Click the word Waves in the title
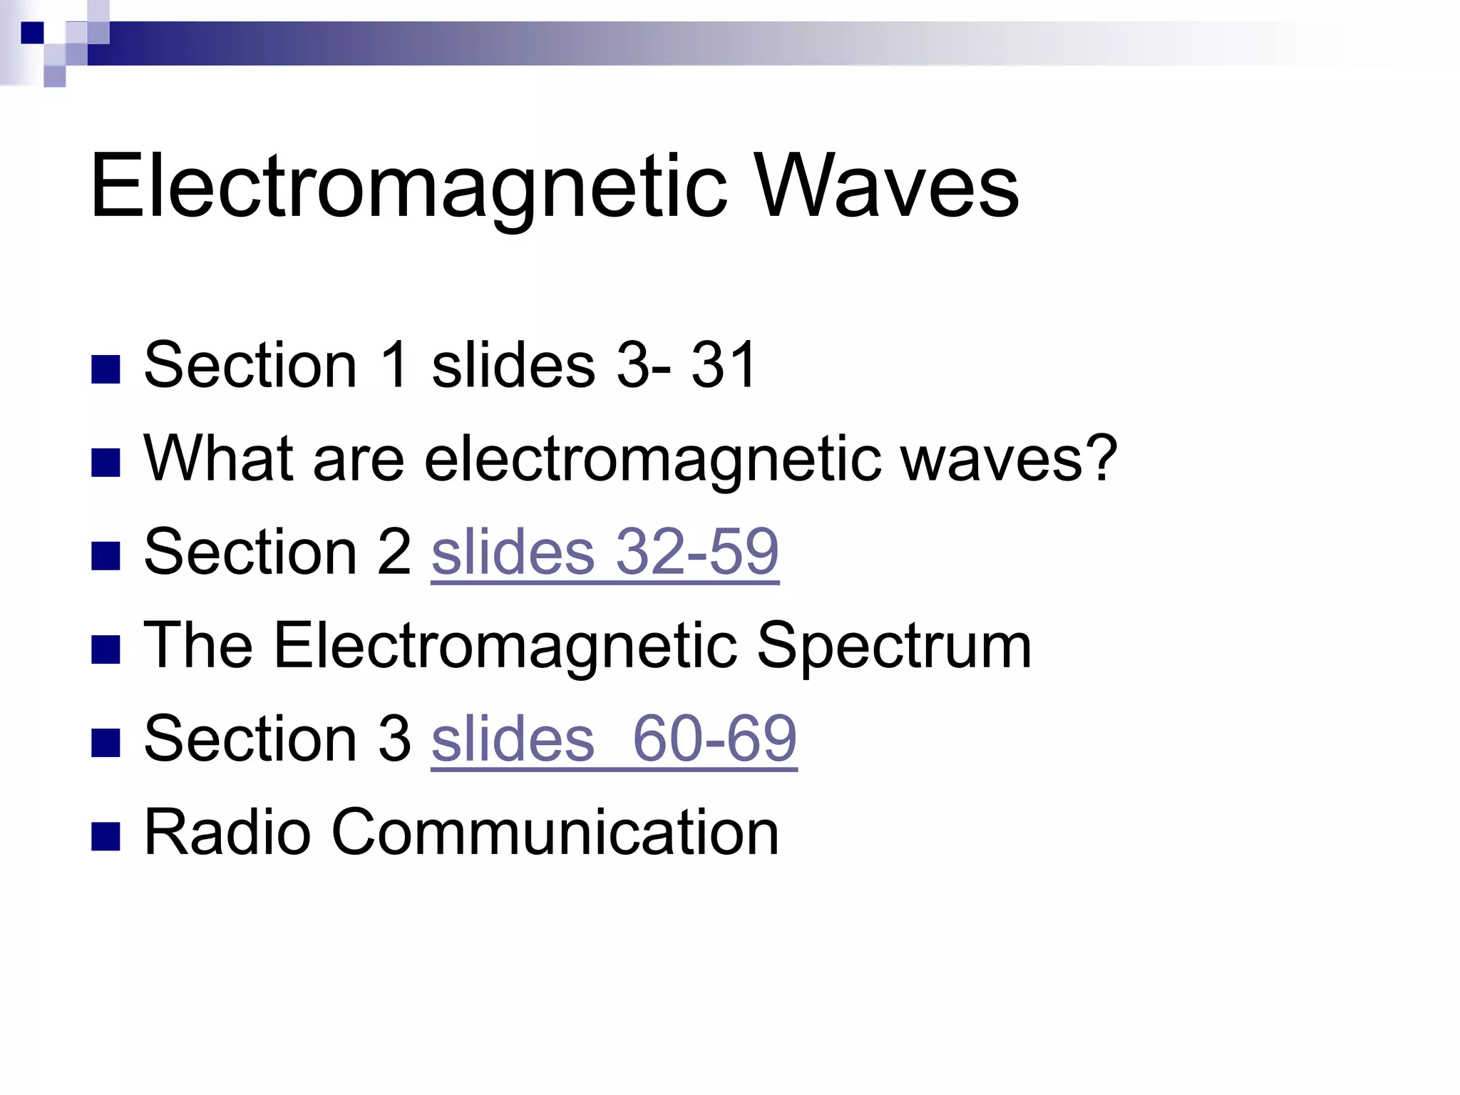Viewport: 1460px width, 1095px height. coord(887,187)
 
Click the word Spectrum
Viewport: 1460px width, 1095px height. coord(894,646)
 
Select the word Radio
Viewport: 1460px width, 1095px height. coord(227,832)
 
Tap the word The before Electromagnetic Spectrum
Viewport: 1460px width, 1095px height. coord(198,644)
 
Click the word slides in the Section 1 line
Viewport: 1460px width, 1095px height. coord(513,365)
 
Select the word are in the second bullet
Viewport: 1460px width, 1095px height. coord(358,461)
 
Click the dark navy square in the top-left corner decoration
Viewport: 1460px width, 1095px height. coord(32,33)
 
